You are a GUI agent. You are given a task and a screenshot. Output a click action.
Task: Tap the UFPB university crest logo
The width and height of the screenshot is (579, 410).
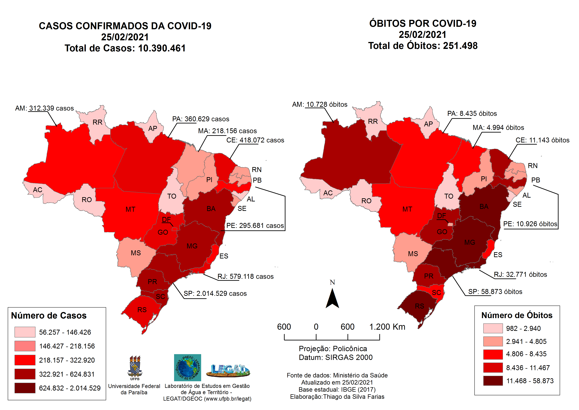click(135, 368)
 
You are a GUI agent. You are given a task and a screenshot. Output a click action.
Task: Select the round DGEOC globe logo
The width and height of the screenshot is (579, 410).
click(187, 368)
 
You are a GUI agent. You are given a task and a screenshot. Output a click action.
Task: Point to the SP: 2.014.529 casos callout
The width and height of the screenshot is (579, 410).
click(215, 293)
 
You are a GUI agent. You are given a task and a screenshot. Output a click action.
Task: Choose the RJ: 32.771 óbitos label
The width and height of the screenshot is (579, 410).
click(520, 275)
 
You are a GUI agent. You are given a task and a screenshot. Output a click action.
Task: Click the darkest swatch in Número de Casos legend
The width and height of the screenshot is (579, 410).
click(25, 388)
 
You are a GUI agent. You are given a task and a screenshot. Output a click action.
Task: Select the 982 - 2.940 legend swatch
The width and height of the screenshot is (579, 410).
click(493, 328)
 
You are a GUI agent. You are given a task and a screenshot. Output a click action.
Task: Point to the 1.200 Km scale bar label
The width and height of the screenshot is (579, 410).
click(387, 327)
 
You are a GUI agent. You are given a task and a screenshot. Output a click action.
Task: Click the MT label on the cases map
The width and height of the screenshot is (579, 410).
click(130, 209)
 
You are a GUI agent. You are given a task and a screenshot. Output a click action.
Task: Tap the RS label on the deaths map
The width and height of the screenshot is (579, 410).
click(419, 306)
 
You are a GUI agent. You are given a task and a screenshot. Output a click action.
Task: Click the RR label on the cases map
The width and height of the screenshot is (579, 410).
click(97, 122)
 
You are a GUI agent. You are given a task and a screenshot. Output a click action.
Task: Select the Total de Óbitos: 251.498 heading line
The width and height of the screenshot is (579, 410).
click(423, 46)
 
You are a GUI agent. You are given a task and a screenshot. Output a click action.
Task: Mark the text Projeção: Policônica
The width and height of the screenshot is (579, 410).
click(333, 349)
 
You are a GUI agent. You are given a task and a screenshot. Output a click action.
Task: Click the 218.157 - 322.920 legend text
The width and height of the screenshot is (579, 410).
click(67, 360)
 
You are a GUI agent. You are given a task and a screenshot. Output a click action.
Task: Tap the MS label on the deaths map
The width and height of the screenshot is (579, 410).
click(413, 254)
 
